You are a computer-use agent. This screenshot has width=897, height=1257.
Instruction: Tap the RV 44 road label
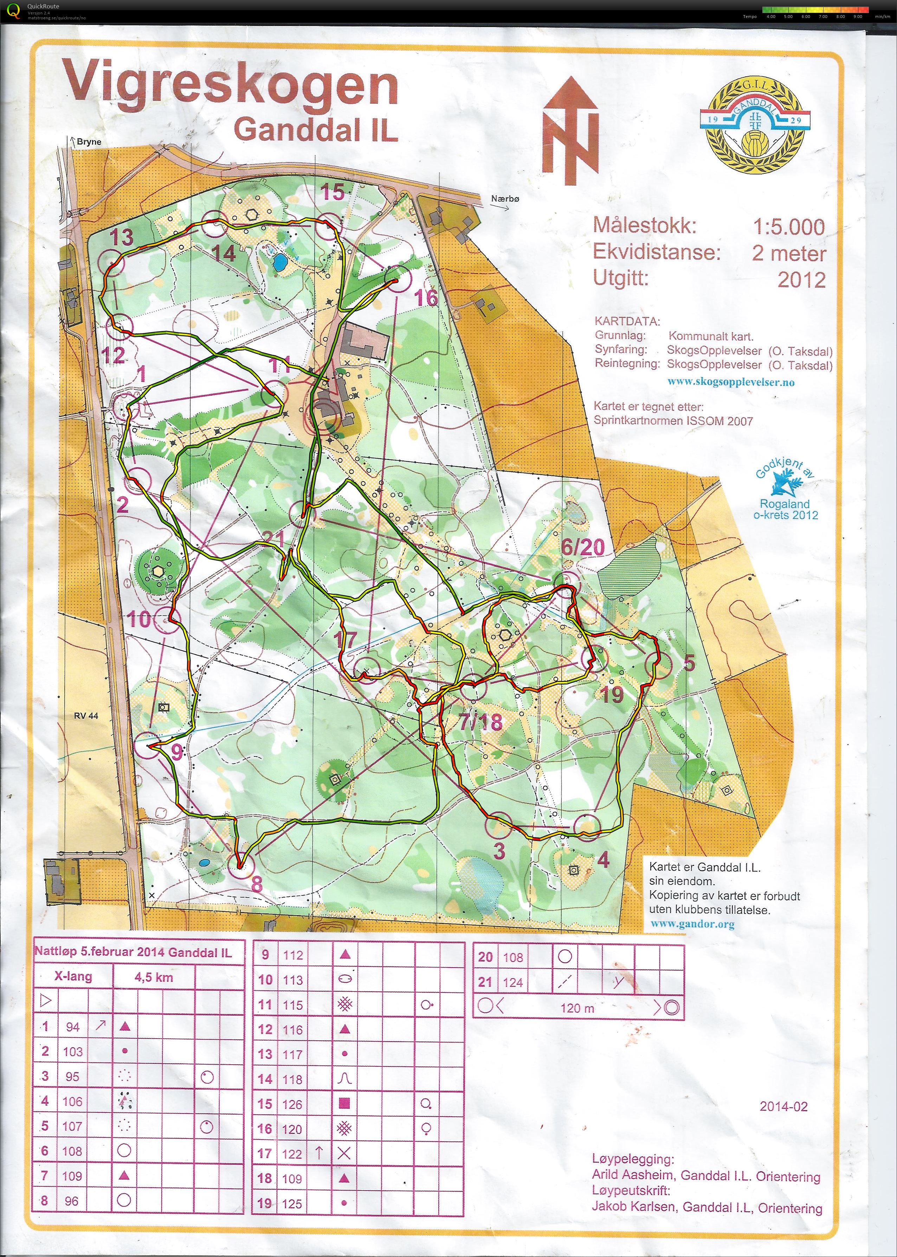pyautogui.click(x=86, y=715)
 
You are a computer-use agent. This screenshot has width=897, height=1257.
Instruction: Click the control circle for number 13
pyautogui.click(x=110, y=262)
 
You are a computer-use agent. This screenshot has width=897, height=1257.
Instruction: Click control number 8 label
pyautogui.click(x=257, y=885)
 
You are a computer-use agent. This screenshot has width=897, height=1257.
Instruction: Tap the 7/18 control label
pyautogui.click(x=481, y=722)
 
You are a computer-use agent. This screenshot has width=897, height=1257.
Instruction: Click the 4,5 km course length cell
pyautogui.click(x=154, y=977)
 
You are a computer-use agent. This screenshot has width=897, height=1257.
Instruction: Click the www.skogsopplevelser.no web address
pyautogui.click(x=731, y=382)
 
